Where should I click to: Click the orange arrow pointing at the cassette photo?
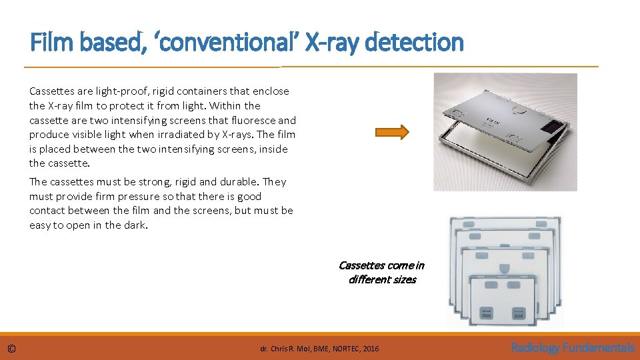[x=397, y=133]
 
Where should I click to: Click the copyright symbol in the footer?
[x=12, y=349]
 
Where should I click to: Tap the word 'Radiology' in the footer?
[x=535, y=347]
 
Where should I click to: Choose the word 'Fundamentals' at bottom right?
[x=599, y=347]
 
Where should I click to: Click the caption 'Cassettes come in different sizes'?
[x=381, y=272]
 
